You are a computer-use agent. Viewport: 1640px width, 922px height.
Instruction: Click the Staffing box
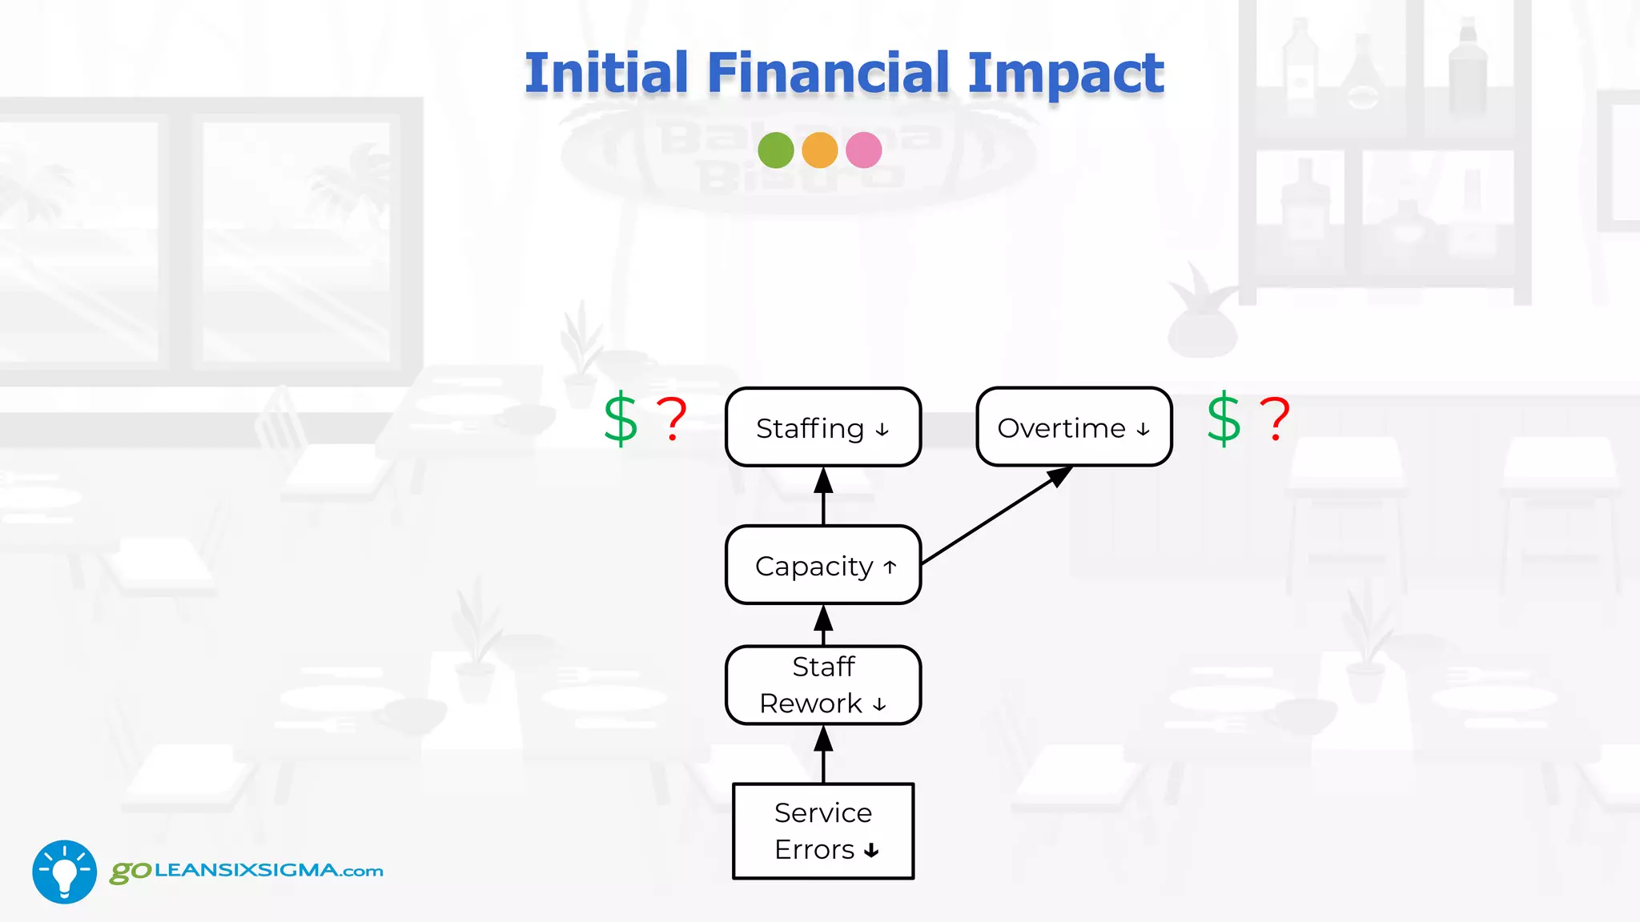pyautogui.click(x=822, y=427)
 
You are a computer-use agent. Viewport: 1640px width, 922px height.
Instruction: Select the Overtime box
pyautogui.click(x=1074, y=427)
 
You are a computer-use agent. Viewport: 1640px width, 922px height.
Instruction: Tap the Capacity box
pyautogui.click(x=822, y=565)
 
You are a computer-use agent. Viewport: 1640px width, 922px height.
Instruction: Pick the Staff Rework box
pyautogui.click(x=822, y=685)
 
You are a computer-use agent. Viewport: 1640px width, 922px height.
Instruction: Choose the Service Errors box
pyautogui.click(x=822, y=831)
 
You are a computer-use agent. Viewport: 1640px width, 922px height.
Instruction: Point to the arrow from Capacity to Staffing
pyautogui.click(x=823, y=496)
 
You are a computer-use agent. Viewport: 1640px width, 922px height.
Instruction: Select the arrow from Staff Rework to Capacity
pyautogui.click(x=823, y=625)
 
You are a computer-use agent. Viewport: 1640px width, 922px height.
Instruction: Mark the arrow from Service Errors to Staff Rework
pyautogui.click(x=823, y=754)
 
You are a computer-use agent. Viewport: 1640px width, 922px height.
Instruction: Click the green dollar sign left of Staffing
pyautogui.click(x=621, y=419)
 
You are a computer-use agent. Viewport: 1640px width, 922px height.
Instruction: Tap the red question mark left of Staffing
pyautogui.click(x=672, y=419)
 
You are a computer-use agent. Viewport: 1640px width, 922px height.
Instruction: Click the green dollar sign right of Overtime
pyautogui.click(x=1224, y=419)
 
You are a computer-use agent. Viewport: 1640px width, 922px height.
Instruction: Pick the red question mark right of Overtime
pyautogui.click(x=1275, y=419)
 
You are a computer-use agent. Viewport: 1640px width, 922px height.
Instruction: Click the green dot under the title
pyautogui.click(x=775, y=150)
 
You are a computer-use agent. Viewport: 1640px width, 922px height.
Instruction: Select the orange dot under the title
pyautogui.click(x=819, y=150)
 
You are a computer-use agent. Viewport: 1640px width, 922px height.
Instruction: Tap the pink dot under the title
pyautogui.click(x=863, y=150)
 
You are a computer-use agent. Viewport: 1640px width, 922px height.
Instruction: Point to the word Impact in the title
pyautogui.click(x=1066, y=74)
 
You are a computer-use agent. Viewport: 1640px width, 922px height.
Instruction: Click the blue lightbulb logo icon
pyautogui.click(x=64, y=872)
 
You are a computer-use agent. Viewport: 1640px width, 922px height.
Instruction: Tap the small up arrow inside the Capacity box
pyautogui.click(x=890, y=567)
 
